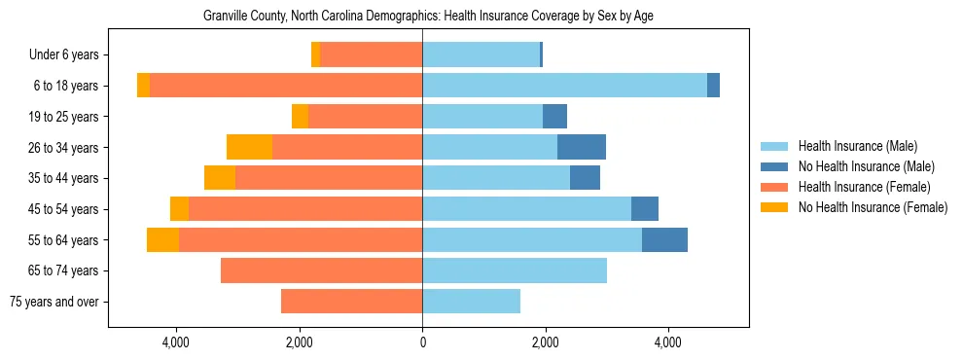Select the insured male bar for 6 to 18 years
[x=564, y=86]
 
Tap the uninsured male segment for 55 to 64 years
[x=664, y=240]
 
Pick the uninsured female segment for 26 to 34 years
[x=249, y=147]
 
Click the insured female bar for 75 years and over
[x=351, y=302]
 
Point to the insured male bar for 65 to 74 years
[x=515, y=270]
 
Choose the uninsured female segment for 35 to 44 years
[x=220, y=178]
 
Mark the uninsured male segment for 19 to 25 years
[x=554, y=117]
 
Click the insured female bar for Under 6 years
[x=371, y=54]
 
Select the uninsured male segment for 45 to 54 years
[x=645, y=209]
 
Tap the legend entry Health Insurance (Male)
[x=857, y=146]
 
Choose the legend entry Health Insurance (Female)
[x=864, y=187]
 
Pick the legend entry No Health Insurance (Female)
[x=873, y=207]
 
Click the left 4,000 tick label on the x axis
[x=176, y=342]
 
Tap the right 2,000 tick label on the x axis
[x=545, y=342]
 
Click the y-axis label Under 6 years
[x=70, y=54]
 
